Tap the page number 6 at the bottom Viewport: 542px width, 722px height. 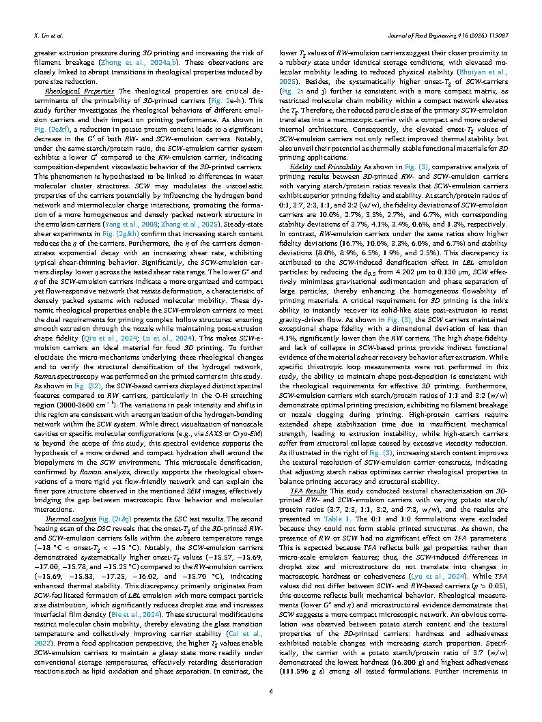pos(271,691)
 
